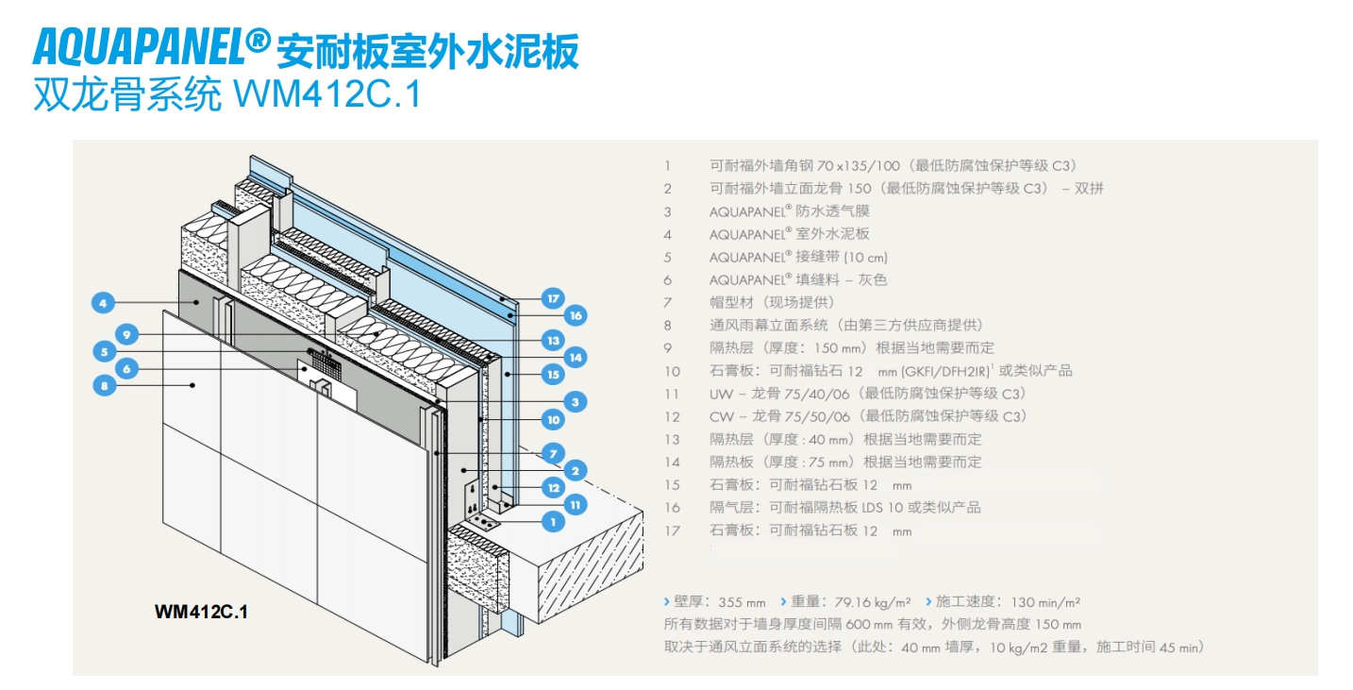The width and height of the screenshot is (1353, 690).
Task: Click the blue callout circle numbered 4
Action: click(x=103, y=303)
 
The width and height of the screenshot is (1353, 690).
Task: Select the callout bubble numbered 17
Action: click(x=553, y=298)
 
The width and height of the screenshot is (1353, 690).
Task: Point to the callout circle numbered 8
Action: click(x=104, y=384)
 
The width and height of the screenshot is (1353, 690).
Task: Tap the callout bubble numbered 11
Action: click(x=575, y=504)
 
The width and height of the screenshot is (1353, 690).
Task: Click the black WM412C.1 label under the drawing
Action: click(x=201, y=612)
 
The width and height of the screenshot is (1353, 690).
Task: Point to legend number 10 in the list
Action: click(x=672, y=371)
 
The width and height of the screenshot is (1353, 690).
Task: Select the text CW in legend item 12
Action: click(x=720, y=416)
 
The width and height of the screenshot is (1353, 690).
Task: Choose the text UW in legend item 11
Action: click(x=720, y=394)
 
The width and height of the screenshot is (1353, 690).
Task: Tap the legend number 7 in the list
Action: click(x=668, y=302)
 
